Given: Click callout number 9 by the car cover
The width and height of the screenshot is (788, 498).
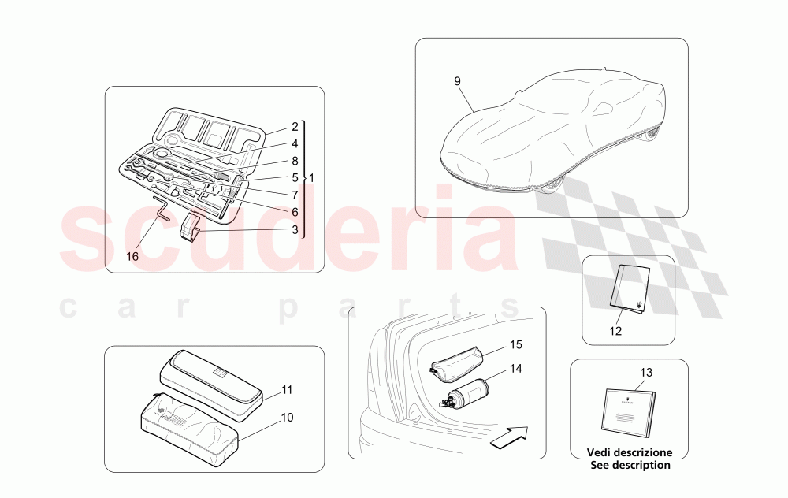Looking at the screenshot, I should [x=457, y=81].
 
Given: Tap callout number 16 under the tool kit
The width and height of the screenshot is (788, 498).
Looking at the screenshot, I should [x=132, y=256].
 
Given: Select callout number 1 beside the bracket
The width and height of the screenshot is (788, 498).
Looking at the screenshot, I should [x=311, y=178].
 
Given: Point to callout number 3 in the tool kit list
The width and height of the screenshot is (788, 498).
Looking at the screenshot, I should [x=295, y=230].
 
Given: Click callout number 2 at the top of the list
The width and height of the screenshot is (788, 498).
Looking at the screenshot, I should [x=295, y=126].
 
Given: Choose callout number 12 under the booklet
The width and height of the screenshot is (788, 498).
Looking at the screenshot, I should [x=615, y=331].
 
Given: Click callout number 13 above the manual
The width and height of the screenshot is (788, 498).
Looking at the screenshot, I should [x=646, y=372].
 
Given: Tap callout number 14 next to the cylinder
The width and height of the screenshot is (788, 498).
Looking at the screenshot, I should [x=515, y=368].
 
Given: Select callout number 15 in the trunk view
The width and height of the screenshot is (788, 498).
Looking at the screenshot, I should [x=515, y=345].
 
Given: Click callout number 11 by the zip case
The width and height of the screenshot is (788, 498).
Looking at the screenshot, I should [x=287, y=389].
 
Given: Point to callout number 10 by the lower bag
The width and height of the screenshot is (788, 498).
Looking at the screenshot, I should [x=287, y=418].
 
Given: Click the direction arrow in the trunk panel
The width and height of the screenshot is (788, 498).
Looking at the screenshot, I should [x=507, y=437].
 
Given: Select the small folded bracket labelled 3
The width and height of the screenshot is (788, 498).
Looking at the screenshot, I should [x=191, y=226].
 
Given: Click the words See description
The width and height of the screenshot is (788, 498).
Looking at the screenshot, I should [x=628, y=465].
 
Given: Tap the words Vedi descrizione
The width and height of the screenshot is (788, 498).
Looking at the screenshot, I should [x=628, y=453].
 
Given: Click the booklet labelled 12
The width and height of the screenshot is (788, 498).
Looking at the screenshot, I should [x=631, y=288].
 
